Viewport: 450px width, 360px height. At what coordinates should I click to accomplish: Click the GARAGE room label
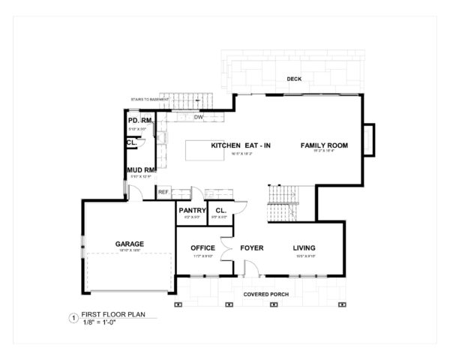pos(129,244)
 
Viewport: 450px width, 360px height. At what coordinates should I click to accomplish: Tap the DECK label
pos(293,79)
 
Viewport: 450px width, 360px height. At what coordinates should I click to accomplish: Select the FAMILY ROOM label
pos(324,145)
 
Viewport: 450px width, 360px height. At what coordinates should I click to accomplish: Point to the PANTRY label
pos(192,211)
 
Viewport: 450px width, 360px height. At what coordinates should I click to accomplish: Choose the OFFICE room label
pos(202,248)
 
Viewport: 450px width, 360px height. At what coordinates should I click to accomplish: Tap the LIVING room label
pos(303,248)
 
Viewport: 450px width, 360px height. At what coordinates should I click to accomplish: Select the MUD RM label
pos(141,170)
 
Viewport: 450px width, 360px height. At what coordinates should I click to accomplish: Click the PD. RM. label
pos(140,121)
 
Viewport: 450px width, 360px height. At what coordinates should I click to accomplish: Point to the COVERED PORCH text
pos(265,294)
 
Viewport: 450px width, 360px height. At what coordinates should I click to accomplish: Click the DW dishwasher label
pos(199,117)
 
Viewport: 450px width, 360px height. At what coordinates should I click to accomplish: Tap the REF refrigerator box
pos(163,193)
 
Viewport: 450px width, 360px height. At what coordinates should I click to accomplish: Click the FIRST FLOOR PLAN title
pos(112,316)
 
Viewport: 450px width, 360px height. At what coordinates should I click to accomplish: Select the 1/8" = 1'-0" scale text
pos(104,325)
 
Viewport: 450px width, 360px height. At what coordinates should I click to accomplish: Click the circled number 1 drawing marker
pos(73,319)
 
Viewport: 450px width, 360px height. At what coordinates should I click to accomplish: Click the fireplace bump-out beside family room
pos(368,137)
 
